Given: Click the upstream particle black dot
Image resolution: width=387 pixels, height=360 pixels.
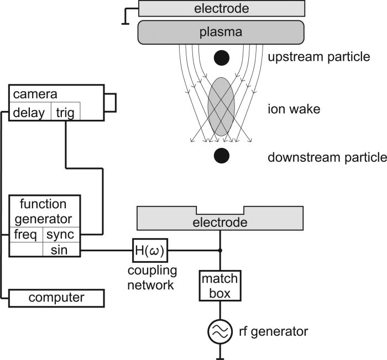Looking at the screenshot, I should click(221, 57).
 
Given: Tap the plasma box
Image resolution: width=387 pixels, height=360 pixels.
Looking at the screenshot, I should click(221, 32).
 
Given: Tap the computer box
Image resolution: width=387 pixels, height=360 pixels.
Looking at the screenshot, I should click(56, 298).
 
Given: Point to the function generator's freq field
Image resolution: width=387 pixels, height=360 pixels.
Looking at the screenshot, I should click(26, 235).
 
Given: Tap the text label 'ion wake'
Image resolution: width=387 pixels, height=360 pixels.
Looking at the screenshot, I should click(286, 109).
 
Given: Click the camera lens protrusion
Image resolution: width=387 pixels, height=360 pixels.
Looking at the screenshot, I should click(110, 102).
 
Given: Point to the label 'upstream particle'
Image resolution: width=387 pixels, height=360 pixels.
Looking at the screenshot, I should click(318, 57).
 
